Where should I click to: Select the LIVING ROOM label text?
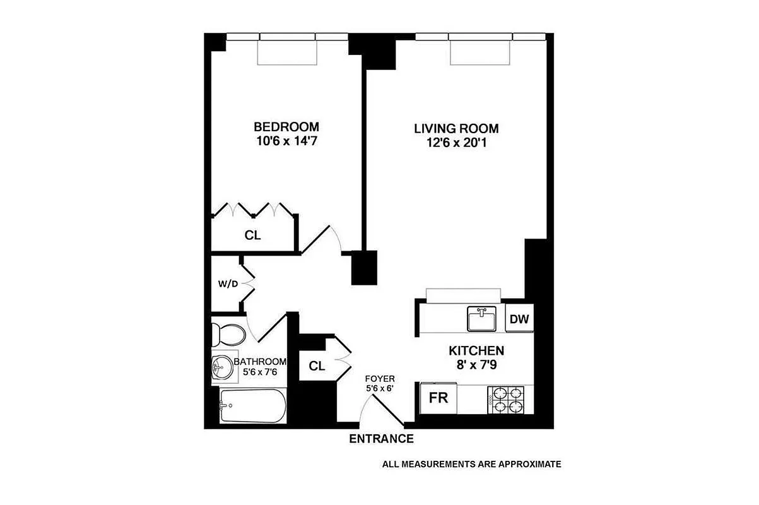click(451, 128)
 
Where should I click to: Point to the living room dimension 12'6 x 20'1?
click(451, 143)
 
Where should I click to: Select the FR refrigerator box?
click(438, 399)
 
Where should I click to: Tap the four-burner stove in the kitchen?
click(506, 399)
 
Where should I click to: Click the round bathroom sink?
click(221, 367)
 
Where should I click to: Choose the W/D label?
click(228, 284)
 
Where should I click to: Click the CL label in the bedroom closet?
click(253, 235)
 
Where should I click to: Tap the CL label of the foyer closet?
click(317, 366)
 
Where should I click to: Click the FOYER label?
click(379, 379)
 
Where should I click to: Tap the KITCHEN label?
click(476, 351)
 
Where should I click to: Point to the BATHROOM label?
click(260, 362)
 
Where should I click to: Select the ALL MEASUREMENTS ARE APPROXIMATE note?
click(471, 465)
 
